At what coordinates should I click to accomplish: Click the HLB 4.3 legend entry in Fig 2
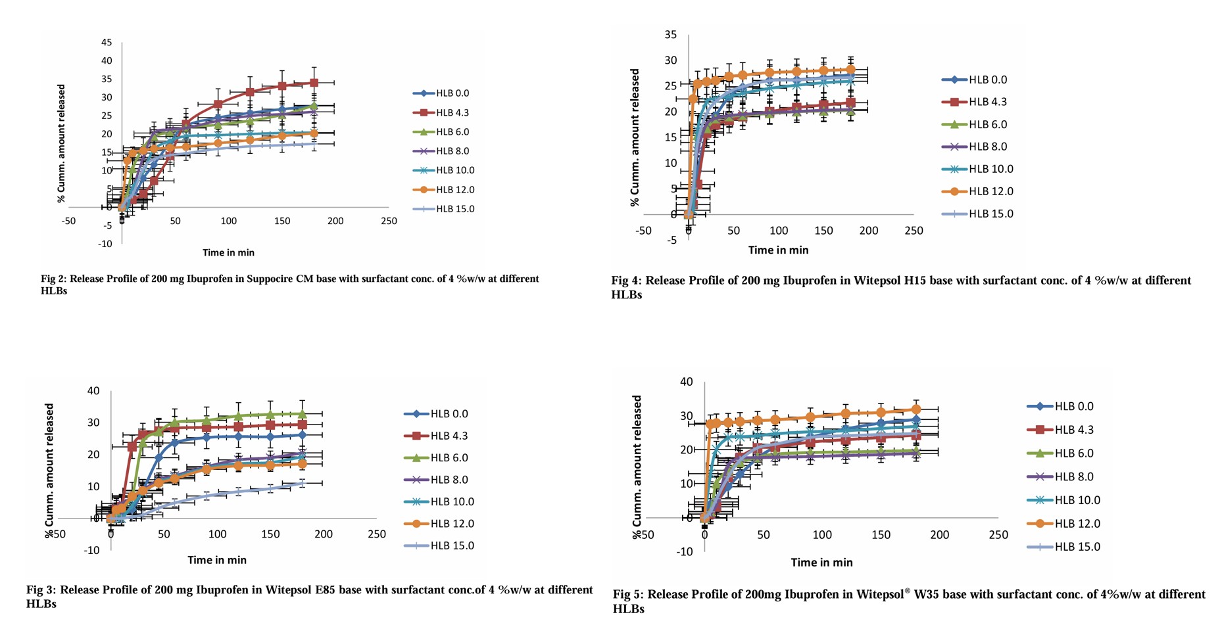tap(452, 112)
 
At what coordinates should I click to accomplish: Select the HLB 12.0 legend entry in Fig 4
tap(990, 191)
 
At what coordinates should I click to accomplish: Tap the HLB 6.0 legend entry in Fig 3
tap(449, 457)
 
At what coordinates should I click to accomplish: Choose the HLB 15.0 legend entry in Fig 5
tap(1077, 546)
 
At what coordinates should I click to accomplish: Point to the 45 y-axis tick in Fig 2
tap(106, 43)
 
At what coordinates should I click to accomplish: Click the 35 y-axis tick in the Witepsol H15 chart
tap(670, 35)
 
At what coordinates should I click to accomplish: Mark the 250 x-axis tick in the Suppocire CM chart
tap(389, 221)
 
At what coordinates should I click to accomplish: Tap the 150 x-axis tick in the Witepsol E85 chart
tap(270, 534)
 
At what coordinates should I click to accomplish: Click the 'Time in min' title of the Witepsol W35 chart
tap(821, 563)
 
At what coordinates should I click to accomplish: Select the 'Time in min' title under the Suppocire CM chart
tap(228, 252)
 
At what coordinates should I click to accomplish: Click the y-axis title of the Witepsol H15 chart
tap(635, 137)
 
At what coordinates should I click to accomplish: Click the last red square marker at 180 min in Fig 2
tap(314, 83)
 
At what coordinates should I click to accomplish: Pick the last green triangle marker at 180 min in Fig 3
tap(302, 414)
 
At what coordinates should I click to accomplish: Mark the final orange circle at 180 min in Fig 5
tap(916, 409)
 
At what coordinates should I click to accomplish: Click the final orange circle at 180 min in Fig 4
tap(850, 70)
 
